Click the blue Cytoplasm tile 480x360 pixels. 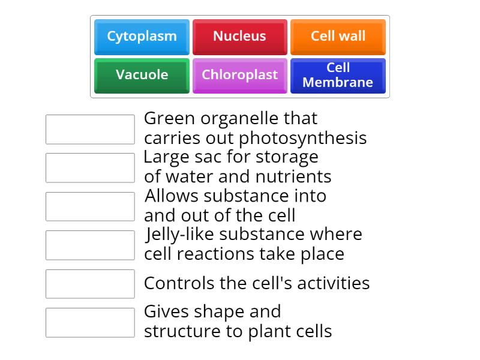point(142,37)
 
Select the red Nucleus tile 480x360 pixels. point(239,37)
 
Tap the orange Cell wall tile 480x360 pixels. point(338,37)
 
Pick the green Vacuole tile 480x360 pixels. point(142,75)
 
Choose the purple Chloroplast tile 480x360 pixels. point(239,75)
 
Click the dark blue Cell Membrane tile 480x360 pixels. point(338,75)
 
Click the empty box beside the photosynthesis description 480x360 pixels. point(90,130)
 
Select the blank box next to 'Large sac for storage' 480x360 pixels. point(90,168)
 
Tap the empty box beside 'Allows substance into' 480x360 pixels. point(90,206)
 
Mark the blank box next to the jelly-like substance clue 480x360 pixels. point(90,245)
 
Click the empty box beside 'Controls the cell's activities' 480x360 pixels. point(90,284)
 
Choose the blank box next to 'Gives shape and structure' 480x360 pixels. point(90,322)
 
